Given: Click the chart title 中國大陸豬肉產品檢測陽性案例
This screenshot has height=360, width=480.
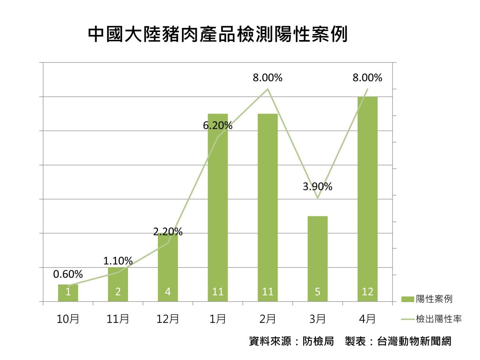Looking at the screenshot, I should pos(217,35).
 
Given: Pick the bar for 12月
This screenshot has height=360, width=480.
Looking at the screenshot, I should pos(168,268).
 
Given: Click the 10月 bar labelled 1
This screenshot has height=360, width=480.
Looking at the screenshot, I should pos(68,292).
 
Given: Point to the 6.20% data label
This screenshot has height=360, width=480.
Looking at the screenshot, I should pos(218,126).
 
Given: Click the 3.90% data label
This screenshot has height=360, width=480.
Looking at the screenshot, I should pos(317,186).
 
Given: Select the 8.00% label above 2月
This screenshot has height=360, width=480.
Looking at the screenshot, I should pos(267,78).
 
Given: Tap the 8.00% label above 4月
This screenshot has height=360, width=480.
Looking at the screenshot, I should pos(367,78).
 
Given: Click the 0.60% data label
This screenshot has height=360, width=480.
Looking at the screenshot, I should pos(68,274).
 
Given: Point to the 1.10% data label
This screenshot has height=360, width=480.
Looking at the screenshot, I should pos(118,261).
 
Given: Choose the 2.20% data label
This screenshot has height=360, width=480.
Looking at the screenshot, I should pos(168,232).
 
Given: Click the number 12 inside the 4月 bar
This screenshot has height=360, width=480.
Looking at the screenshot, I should pos(367,292).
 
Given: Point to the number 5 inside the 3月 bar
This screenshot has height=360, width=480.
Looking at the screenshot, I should pos(317,292).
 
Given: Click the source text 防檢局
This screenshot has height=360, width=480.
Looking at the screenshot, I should pos(318,342).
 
